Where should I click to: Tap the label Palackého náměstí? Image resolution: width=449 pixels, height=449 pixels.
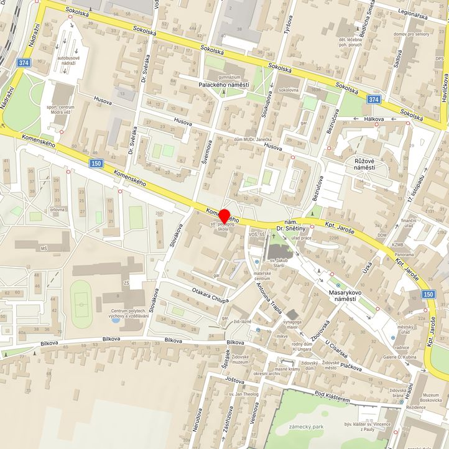pos(223,85)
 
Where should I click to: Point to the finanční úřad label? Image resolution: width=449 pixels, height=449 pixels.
pos(408,224)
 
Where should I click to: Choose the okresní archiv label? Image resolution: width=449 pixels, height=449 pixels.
pos(266,373)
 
